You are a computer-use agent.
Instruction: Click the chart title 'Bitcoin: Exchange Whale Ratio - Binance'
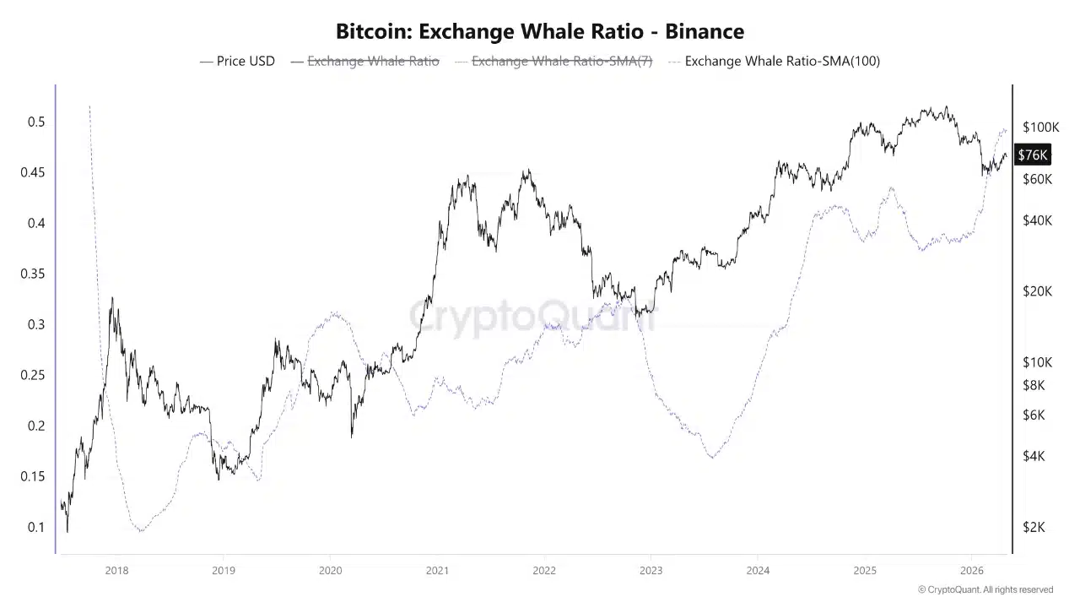pos(540,32)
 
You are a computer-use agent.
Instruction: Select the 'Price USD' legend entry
pos(237,61)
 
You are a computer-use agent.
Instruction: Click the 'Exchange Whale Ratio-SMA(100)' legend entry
pos(774,61)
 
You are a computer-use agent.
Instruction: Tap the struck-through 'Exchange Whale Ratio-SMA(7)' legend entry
pos(553,61)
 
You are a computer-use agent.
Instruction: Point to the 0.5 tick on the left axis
pos(35,122)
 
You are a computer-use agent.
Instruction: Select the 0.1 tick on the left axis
pos(35,527)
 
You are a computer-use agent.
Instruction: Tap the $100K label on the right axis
pos(1040,128)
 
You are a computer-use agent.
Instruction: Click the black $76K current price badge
pos(1033,155)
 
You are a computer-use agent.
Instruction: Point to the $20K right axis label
pos(1037,291)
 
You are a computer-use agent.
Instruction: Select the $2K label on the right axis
pos(1034,527)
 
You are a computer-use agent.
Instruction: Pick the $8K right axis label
pos(1034,385)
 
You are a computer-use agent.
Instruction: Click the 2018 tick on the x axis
pos(116,570)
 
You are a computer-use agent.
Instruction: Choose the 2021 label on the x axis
pos(437,570)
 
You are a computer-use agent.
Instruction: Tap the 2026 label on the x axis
pos(972,570)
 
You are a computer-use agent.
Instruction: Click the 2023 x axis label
pos(651,570)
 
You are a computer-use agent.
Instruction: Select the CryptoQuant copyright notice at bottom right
pos(985,589)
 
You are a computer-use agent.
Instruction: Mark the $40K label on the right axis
pos(1037,220)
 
